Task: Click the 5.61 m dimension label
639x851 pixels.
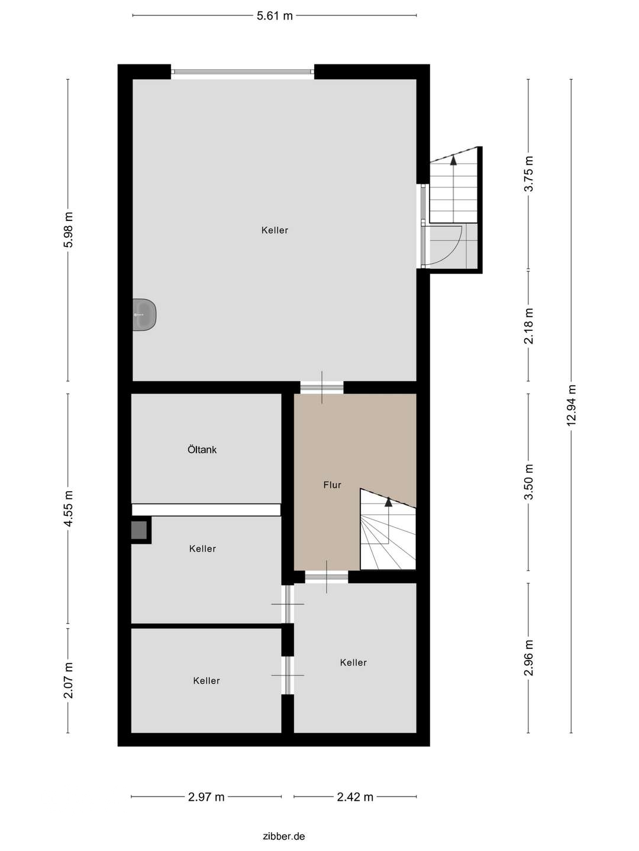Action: coord(275,16)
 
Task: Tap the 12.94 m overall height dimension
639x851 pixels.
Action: coord(571,405)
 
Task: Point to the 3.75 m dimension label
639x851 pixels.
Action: coord(529,173)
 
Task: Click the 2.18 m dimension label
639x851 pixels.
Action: coord(529,326)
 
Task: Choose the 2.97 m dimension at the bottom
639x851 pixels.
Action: coord(206,797)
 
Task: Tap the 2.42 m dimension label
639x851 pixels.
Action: coord(355,797)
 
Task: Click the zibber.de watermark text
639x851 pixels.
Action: coord(284,836)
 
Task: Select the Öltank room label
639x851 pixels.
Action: coord(202,450)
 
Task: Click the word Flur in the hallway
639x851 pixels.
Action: coord(332,485)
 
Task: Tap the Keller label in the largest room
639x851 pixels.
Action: coord(275,230)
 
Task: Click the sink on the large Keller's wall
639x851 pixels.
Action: coord(144,315)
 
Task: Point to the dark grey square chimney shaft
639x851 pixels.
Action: coord(139,530)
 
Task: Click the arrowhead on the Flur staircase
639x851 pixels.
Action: coord(389,502)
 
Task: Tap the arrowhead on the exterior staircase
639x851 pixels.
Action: coord(454,158)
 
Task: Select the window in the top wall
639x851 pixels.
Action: coord(243,72)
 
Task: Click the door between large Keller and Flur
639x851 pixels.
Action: coord(322,388)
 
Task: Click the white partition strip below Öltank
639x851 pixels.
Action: coord(206,509)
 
